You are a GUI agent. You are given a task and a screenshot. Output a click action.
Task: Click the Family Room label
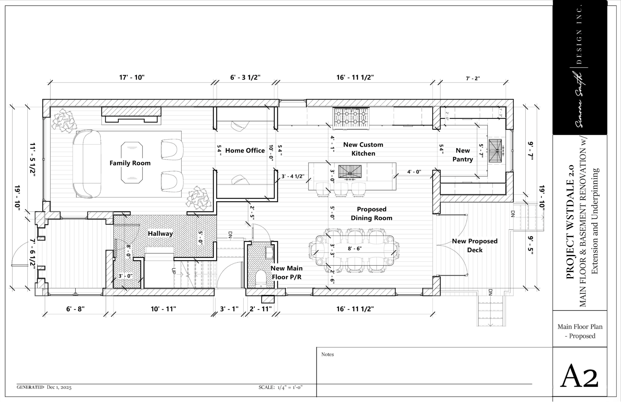[x=130, y=163]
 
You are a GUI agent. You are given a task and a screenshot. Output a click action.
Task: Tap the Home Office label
[x=245, y=151]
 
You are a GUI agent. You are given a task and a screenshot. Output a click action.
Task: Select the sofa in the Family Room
[x=87, y=164]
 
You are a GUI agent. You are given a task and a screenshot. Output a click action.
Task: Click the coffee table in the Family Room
[x=132, y=163]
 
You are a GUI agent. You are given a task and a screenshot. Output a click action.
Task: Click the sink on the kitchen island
[x=350, y=171]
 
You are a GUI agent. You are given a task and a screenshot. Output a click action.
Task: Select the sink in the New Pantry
[x=495, y=151]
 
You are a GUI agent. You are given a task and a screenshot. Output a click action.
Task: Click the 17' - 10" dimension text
[x=132, y=78]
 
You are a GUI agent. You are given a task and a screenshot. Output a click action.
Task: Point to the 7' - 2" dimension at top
[x=473, y=78]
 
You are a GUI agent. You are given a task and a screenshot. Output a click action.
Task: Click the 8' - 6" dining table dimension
[x=355, y=248]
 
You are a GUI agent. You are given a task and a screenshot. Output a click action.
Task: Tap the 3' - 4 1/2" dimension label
[x=293, y=176]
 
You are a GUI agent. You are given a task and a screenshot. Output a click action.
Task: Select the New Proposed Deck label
[x=475, y=245]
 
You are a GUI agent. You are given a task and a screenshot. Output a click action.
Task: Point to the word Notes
[x=327, y=355]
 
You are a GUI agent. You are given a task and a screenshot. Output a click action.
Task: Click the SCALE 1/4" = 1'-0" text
[x=280, y=387]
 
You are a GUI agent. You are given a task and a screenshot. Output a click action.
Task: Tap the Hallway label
[x=160, y=234]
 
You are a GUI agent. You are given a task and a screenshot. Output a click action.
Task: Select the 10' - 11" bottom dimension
[x=163, y=309]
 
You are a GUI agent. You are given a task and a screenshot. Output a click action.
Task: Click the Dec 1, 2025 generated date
[x=59, y=387]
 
